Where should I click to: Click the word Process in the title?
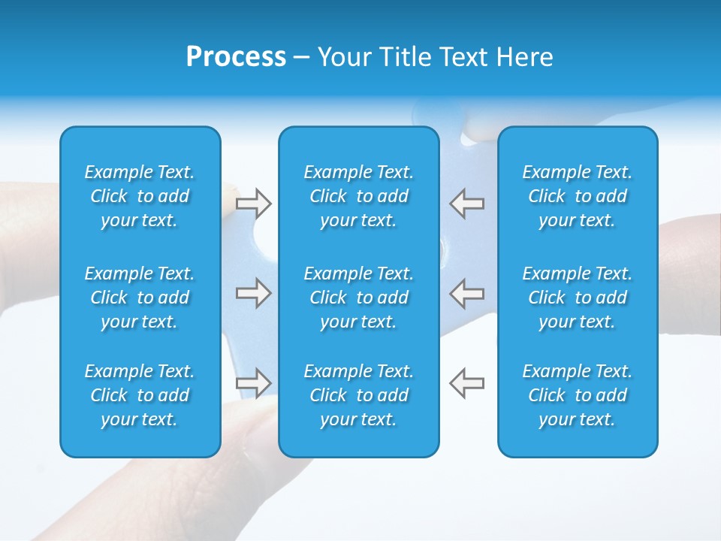(236, 57)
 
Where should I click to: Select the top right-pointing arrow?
(253, 204)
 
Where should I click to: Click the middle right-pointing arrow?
(253, 293)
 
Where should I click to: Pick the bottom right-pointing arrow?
(253, 382)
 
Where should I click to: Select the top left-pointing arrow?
(467, 204)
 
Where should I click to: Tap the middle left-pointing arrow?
(467, 293)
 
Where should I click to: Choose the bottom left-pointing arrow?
(467, 382)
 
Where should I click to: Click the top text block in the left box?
(140, 196)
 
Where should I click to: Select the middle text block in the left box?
(140, 298)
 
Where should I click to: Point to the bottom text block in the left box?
(140, 395)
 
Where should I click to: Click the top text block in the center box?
(358, 196)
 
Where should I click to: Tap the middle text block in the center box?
(358, 298)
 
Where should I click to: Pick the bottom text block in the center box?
(358, 395)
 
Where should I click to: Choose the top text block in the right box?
(577, 196)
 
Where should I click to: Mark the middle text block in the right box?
(577, 298)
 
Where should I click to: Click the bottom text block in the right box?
(577, 395)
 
